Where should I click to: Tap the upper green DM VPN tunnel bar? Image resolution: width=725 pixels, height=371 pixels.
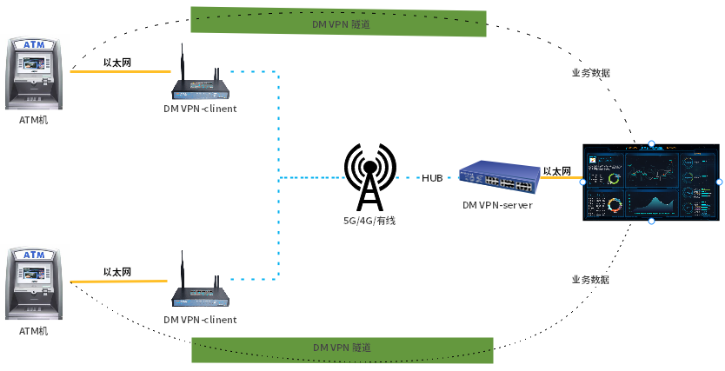(x=338, y=23)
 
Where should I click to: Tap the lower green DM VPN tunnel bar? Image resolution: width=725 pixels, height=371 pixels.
(x=343, y=348)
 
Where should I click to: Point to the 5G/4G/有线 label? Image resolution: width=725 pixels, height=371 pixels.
(x=369, y=221)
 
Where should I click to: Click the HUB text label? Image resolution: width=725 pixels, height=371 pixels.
(x=432, y=178)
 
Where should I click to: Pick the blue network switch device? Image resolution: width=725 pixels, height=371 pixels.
(x=496, y=177)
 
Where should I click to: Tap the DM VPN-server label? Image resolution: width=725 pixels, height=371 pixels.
(x=496, y=205)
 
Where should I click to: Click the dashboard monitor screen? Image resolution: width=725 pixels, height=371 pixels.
(x=651, y=182)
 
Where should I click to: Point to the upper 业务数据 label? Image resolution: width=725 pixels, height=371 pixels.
(x=590, y=73)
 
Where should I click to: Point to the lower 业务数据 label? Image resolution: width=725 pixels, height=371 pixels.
(x=590, y=280)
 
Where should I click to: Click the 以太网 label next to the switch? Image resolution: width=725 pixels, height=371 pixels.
(x=556, y=171)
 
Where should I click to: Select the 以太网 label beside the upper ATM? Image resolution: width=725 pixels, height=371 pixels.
(x=117, y=63)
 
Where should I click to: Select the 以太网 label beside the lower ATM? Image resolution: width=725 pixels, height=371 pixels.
(x=117, y=272)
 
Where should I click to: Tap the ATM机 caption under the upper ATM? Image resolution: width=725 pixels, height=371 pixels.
(x=34, y=120)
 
